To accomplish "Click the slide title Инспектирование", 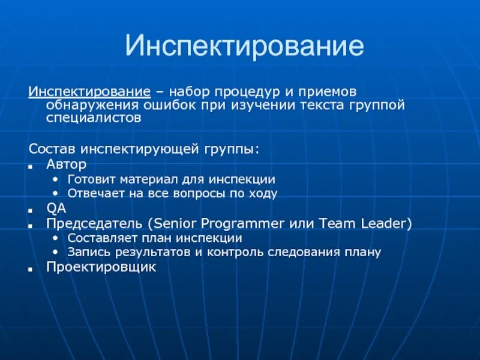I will (x=244, y=47).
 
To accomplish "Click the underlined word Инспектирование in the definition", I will (x=89, y=92).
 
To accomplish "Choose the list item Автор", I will (x=66, y=164).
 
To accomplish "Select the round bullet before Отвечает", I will (x=55, y=194).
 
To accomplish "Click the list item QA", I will (x=56, y=208).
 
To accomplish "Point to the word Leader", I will (x=386, y=223).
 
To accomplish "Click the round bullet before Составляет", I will (x=55, y=238).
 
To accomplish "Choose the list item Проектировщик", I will (x=101, y=266).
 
